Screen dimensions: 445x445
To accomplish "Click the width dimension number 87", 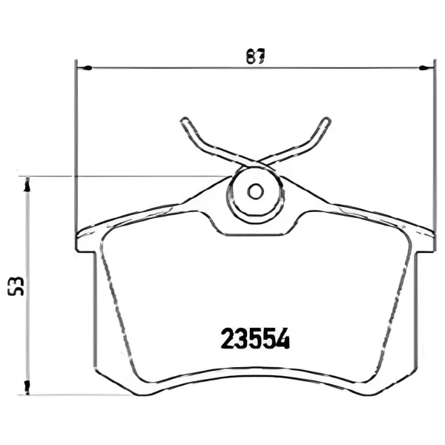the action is coord(255,56).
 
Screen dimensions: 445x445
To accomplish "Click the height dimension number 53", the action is coord(16,286).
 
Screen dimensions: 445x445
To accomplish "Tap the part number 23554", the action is coord(255,338).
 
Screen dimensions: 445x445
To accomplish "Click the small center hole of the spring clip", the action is coord(255,191).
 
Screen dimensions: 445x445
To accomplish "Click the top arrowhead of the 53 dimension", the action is coord(27,184).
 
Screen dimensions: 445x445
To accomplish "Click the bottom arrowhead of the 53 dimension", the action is coord(27,388).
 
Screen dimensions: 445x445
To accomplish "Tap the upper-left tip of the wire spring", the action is coord(184,120).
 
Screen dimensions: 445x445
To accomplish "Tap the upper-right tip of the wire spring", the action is coord(327,120).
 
